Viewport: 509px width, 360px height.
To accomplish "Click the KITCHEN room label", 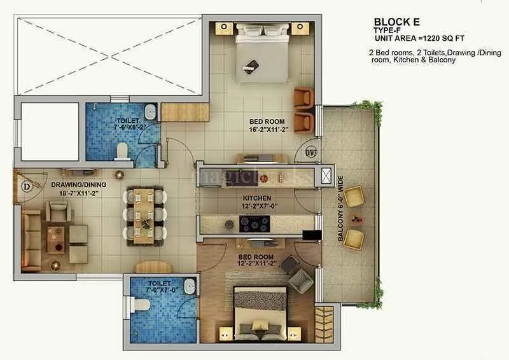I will coord(256,198).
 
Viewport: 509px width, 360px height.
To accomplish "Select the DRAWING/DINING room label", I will coord(78,184).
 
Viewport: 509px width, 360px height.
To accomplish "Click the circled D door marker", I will coord(26,187).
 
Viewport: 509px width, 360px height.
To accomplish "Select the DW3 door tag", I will coord(310,152).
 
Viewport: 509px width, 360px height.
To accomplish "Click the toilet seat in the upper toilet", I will coord(122,151).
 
